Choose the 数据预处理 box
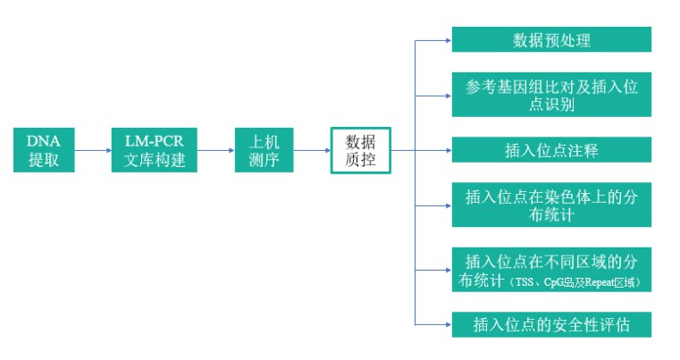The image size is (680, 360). coord(551,40)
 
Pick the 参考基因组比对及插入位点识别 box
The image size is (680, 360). coord(551,94)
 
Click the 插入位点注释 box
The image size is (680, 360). coord(551,150)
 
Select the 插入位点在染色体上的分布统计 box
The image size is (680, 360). coord(551,205)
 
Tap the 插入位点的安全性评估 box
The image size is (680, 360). coord(551,323)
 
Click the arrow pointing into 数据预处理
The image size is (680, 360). coord(433,40)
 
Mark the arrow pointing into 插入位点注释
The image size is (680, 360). coord(433,150)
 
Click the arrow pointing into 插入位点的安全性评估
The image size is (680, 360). coord(433,323)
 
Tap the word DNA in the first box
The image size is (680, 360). coord(44,140)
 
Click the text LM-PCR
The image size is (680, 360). coord(155,140)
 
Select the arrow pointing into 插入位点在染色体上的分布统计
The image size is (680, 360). coord(433,205)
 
